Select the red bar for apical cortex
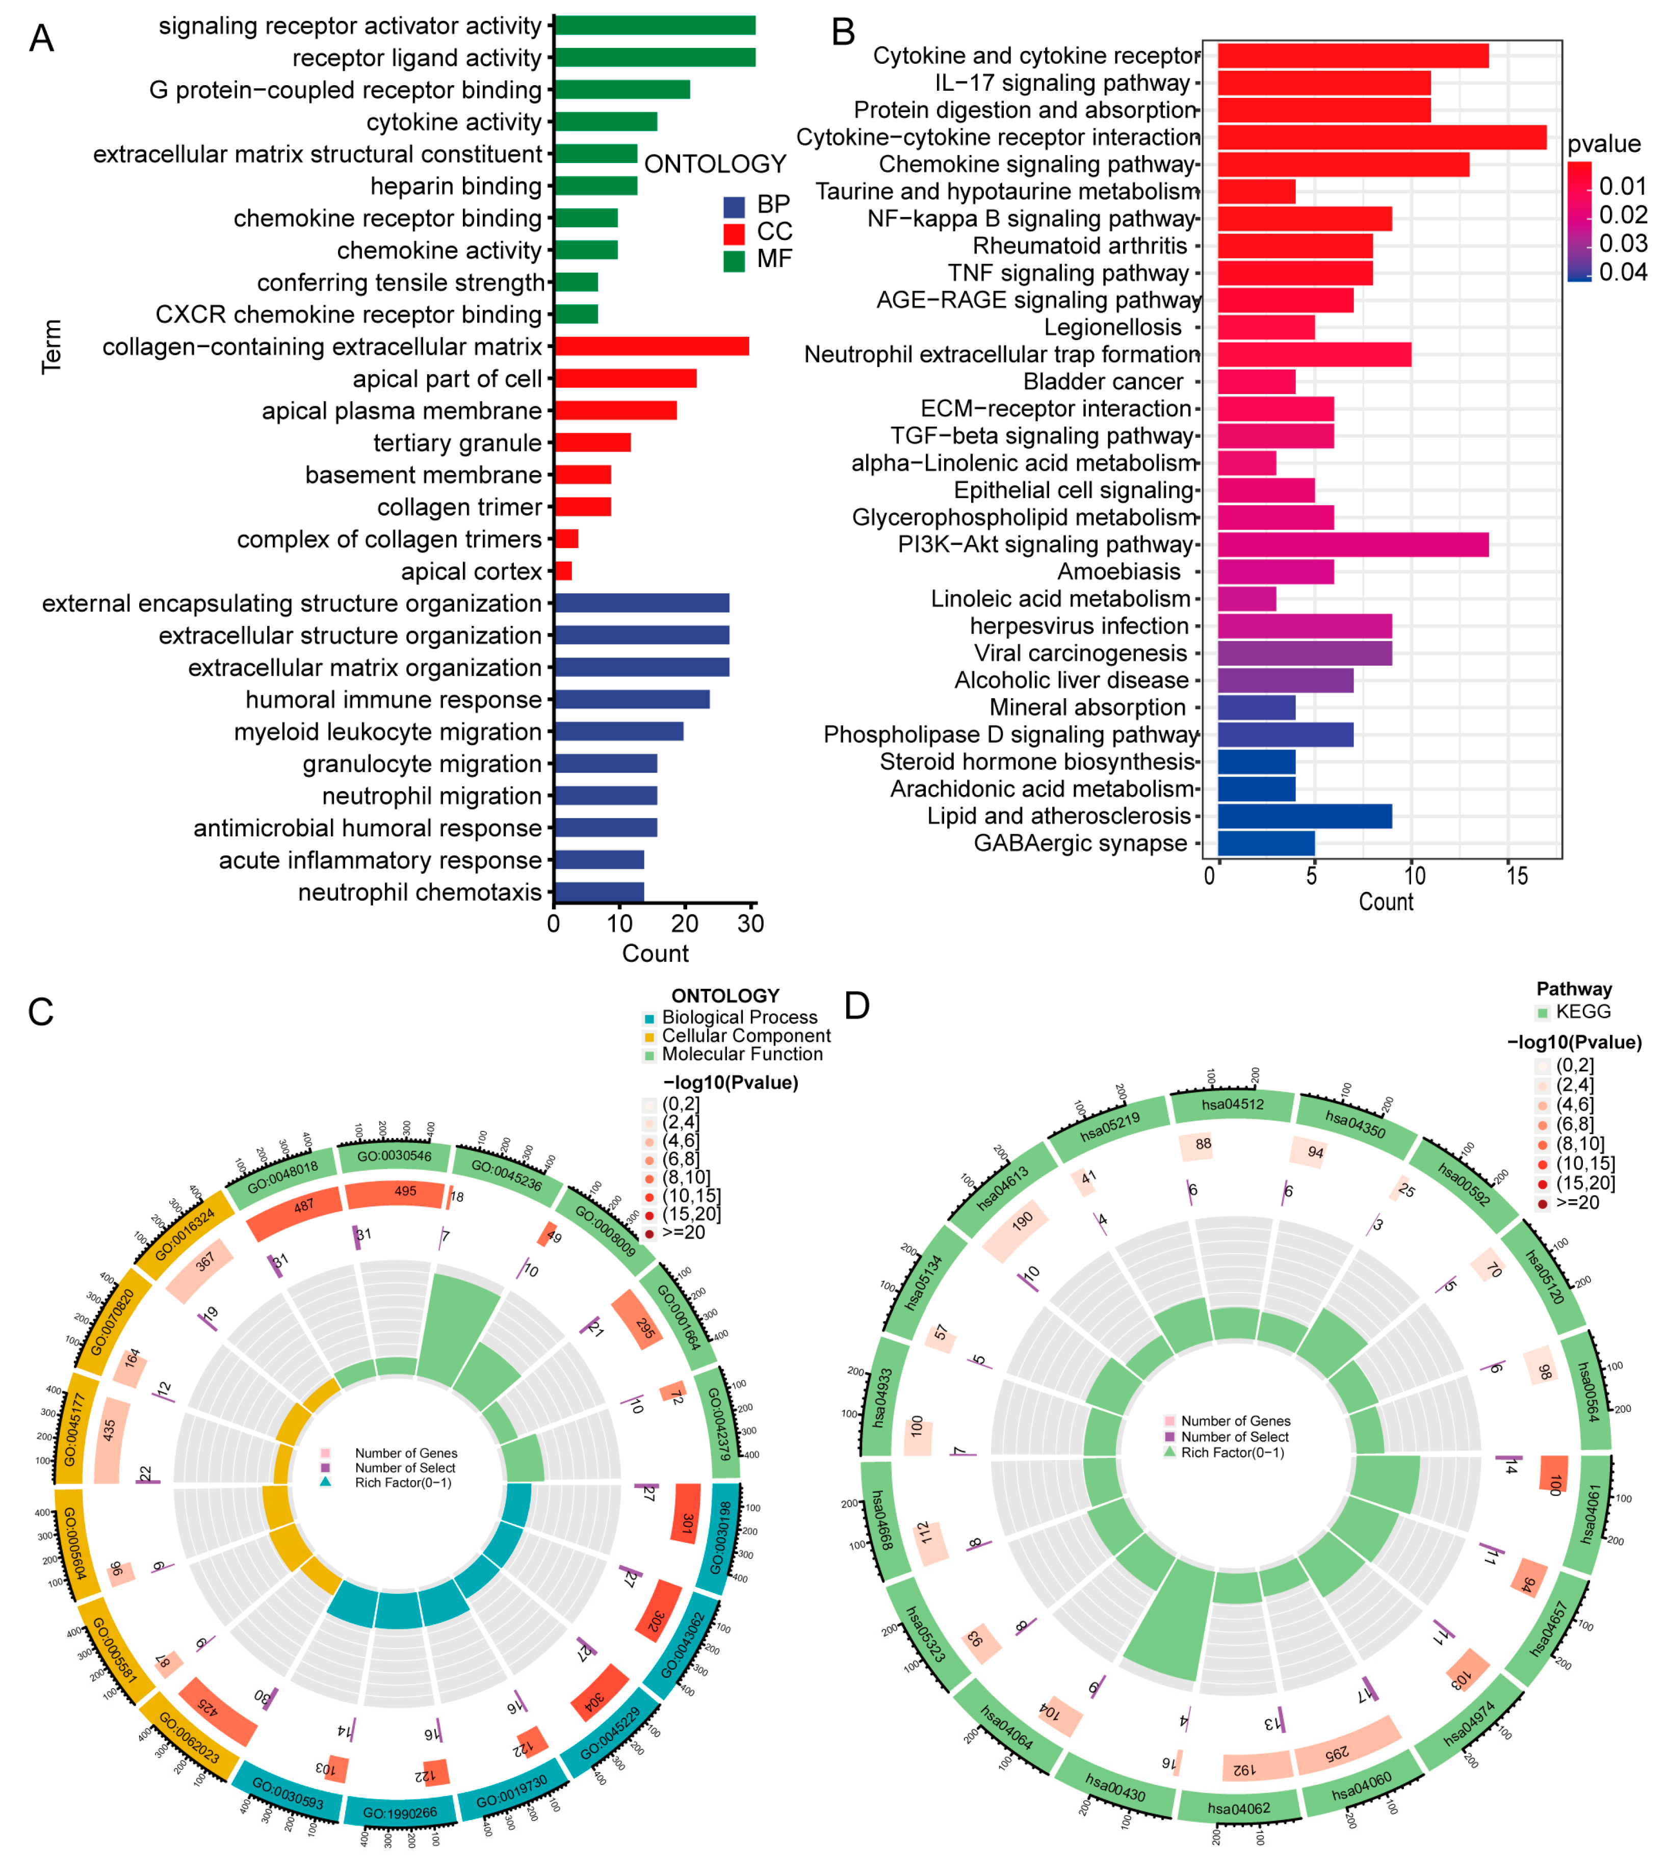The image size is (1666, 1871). [563, 571]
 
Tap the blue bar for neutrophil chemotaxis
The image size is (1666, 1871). [598, 891]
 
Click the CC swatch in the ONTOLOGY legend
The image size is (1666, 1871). [733, 232]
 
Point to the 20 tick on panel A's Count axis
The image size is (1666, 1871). [685, 923]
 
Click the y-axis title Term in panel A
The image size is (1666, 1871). [52, 346]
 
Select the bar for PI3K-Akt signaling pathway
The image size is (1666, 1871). [1352, 545]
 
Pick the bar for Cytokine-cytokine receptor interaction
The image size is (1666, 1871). [1382, 137]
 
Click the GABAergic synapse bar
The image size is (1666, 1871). [1266, 843]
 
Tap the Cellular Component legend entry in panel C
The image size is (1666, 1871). [746, 1035]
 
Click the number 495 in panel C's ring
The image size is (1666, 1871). [405, 1191]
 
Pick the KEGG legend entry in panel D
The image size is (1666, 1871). [1583, 1012]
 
